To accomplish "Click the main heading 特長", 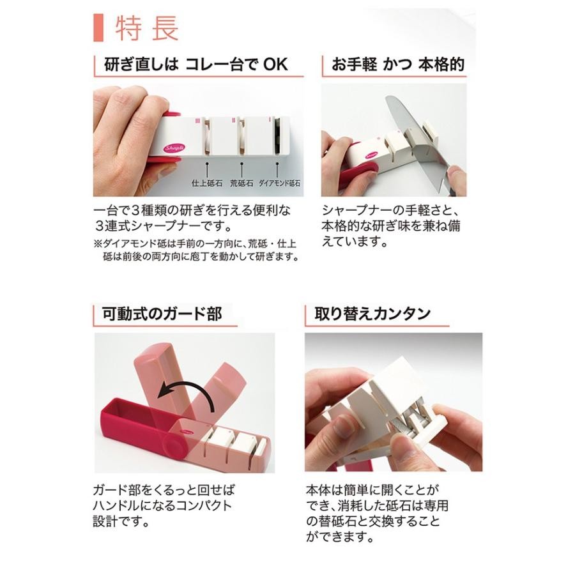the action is pos(147,28).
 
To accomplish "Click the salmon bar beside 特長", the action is pos(98,28).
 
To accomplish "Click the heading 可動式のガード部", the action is pos(162,314).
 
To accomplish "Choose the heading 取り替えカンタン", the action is pos(372,314).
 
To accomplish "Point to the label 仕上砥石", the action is pos(207,183).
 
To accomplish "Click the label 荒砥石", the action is pos(241,183).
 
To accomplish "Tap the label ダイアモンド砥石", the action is pos(279,183).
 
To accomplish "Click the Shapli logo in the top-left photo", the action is pos(175,148).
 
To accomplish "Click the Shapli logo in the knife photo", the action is pos(371,155).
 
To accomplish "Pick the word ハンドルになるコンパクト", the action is pos(162,506).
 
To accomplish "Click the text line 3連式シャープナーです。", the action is pos(164,226).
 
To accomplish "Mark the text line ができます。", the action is pos(340,537).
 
